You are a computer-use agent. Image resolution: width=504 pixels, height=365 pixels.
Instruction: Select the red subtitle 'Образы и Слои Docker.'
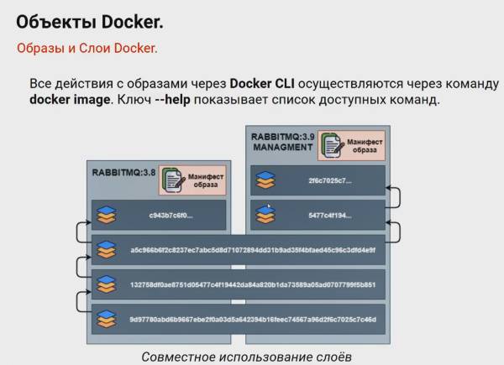(87, 48)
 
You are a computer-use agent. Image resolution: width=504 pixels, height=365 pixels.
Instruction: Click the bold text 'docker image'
(70, 100)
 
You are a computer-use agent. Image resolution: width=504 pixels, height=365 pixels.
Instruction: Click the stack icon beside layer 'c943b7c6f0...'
(105, 215)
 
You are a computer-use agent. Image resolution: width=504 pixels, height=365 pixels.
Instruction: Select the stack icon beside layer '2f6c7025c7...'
(265, 180)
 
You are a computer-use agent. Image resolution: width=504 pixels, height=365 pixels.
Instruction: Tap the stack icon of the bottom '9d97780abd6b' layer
(105, 320)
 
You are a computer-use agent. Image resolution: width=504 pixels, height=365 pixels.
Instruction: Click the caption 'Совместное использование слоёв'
(246, 357)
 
